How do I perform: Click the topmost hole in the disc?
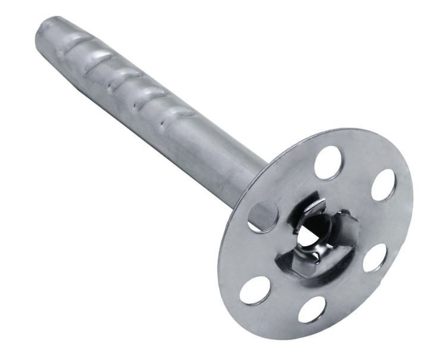click(328, 162)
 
